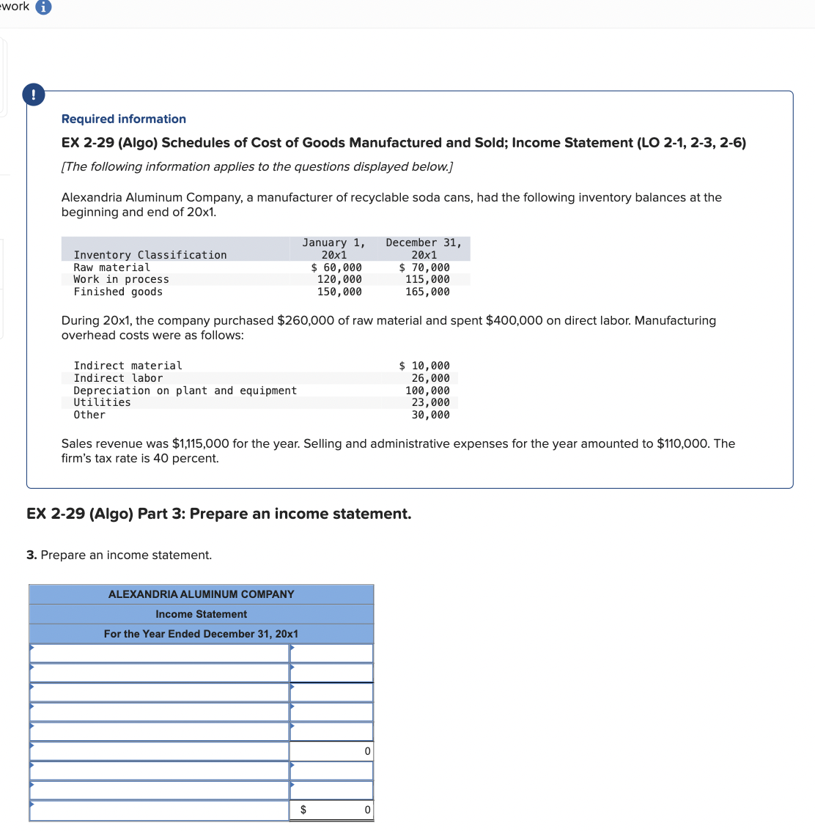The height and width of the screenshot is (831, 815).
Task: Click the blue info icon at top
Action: [x=44, y=7]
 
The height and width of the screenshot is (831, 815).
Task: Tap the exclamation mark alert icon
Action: [x=33, y=95]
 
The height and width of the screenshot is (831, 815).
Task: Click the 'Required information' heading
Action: [x=123, y=119]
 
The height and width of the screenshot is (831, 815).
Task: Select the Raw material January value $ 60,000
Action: [x=336, y=267]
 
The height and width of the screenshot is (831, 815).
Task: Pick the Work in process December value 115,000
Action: [x=427, y=279]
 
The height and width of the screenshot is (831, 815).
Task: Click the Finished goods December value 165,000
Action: [x=427, y=292]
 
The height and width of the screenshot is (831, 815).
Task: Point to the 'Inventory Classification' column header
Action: [x=150, y=255]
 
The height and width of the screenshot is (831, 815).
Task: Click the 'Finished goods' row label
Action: [x=118, y=292]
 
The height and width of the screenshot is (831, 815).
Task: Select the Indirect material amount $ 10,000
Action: [x=424, y=366]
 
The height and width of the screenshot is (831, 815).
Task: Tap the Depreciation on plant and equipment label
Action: [x=185, y=391]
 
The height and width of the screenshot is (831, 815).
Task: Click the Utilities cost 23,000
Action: [x=430, y=402]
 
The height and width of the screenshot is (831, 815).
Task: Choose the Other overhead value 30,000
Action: [x=430, y=415]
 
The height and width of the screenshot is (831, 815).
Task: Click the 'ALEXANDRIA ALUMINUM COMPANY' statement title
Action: [x=201, y=594]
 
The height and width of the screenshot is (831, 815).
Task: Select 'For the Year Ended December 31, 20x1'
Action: [x=201, y=634]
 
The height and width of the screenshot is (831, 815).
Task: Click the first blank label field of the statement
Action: [x=159, y=653]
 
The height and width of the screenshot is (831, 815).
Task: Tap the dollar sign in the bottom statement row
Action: [x=303, y=810]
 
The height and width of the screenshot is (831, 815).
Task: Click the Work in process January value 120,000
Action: [x=339, y=279]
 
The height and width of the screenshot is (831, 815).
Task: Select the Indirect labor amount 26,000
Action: [x=430, y=378]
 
